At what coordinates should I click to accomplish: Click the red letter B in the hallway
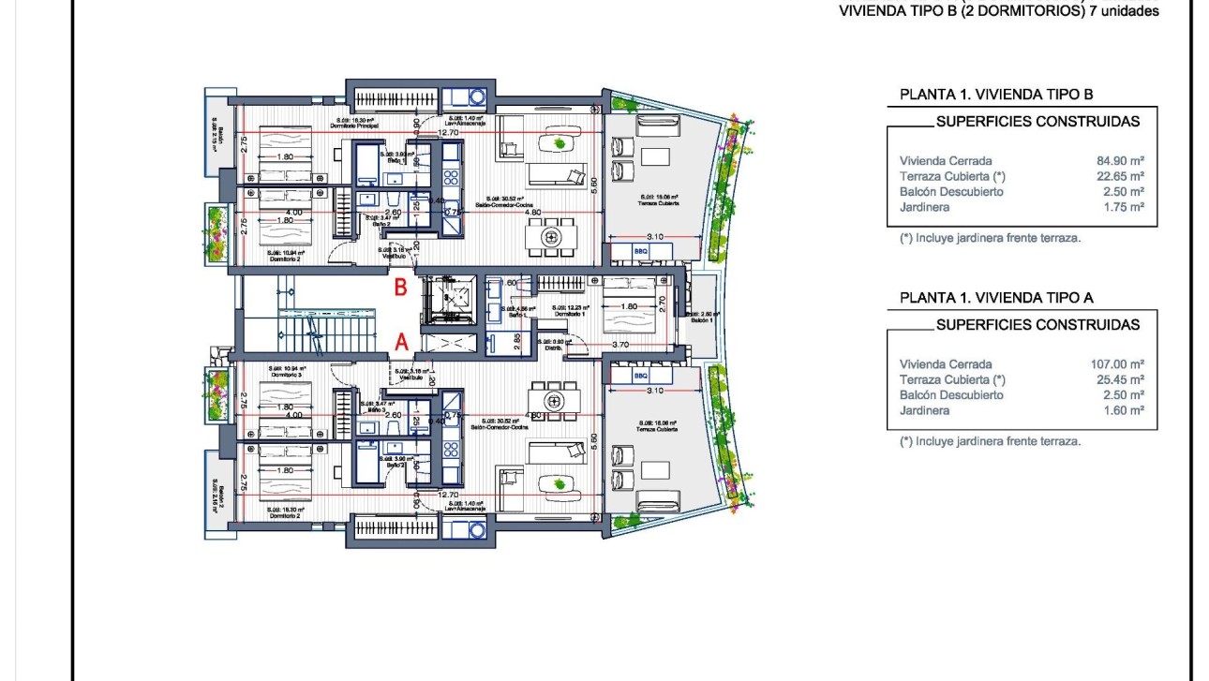(x=400, y=288)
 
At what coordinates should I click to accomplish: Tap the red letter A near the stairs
(x=401, y=343)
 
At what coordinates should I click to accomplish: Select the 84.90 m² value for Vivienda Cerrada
(x=1120, y=161)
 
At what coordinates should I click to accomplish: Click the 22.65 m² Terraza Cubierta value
(x=1120, y=176)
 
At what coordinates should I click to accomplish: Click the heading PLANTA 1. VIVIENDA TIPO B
(x=996, y=95)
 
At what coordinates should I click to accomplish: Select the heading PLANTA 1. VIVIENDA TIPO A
(x=996, y=298)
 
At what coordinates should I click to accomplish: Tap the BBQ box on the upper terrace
(x=640, y=252)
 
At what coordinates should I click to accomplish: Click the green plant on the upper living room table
(x=560, y=143)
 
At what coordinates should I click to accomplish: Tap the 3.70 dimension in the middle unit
(x=620, y=345)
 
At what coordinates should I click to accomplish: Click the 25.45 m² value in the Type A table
(x=1120, y=379)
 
